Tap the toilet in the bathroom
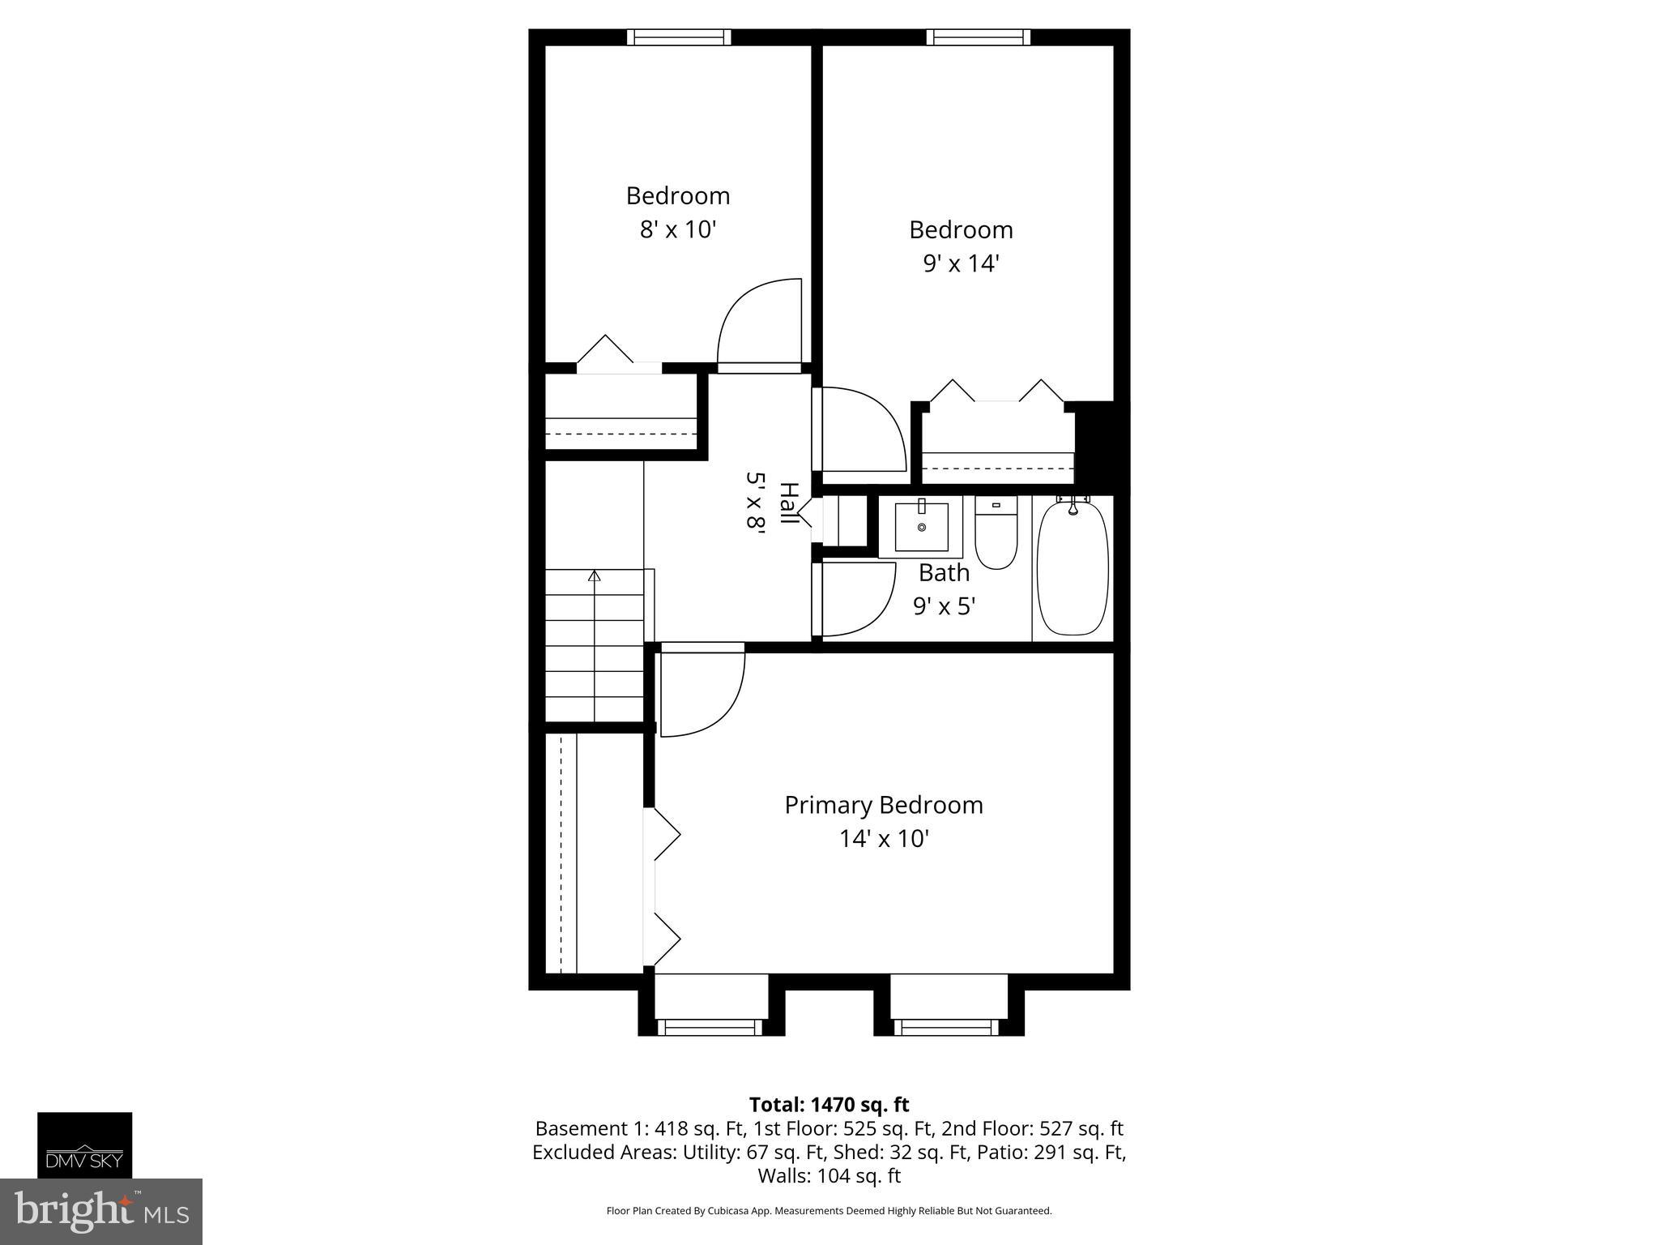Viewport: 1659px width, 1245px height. click(x=996, y=536)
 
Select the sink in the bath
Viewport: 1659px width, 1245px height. click(x=922, y=528)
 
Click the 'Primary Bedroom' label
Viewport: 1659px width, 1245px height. click(x=883, y=805)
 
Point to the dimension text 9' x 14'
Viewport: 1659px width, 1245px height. click(x=961, y=263)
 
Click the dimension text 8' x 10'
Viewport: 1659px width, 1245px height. click(x=678, y=229)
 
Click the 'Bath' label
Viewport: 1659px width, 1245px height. click(x=944, y=572)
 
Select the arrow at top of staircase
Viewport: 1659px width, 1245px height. click(x=595, y=576)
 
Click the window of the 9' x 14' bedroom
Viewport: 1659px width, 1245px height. click(x=979, y=36)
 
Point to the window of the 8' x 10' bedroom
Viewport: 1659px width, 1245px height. click(x=679, y=36)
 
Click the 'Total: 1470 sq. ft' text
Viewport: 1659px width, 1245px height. click(x=829, y=1105)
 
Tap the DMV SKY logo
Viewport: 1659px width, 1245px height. click(x=84, y=1144)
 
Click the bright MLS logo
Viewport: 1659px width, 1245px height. click(x=100, y=1211)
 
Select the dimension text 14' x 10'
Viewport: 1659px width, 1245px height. click(x=883, y=838)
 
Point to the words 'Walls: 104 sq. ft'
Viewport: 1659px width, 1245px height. click(x=829, y=1175)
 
